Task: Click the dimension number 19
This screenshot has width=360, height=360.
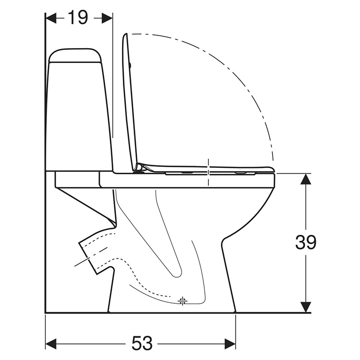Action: [x=78, y=18]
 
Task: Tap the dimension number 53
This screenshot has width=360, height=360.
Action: [x=142, y=343]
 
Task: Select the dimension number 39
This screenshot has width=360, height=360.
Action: [x=306, y=243]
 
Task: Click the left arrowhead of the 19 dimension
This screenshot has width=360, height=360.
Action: [x=51, y=18]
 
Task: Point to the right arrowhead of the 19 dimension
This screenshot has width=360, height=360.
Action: [x=107, y=18]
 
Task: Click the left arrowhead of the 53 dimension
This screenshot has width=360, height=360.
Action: [x=51, y=343]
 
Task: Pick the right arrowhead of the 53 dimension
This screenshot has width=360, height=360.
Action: [x=230, y=343]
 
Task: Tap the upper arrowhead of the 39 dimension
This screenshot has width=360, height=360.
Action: [x=306, y=179]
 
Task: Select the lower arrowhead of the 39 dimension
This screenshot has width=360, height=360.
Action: [x=306, y=307]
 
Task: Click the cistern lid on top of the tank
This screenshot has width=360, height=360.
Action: [x=75, y=55]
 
